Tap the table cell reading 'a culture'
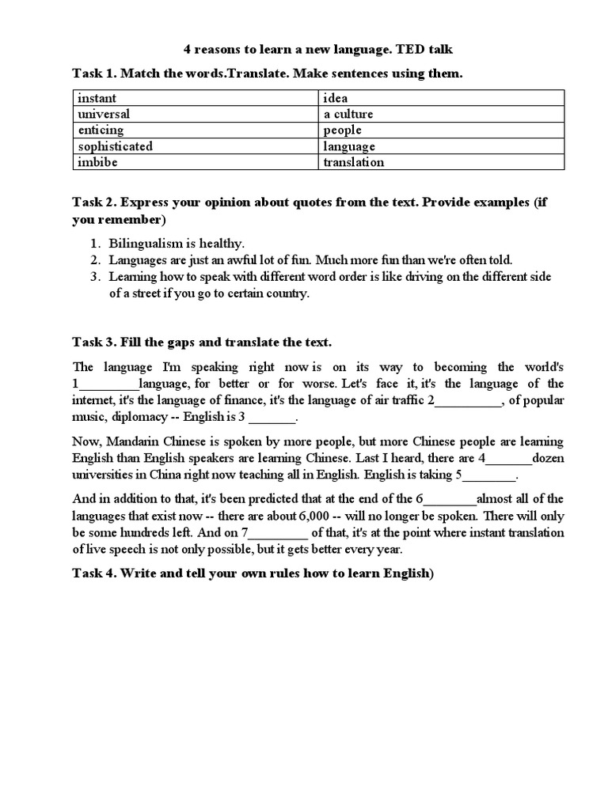(x=442, y=114)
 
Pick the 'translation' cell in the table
(x=442, y=162)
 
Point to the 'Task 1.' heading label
(x=94, y=74)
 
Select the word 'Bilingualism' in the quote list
(x=142, y=244)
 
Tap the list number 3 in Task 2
(x=93, y=277)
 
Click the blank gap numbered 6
(x=451, y=498)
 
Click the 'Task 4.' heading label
(x=94, y=574)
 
